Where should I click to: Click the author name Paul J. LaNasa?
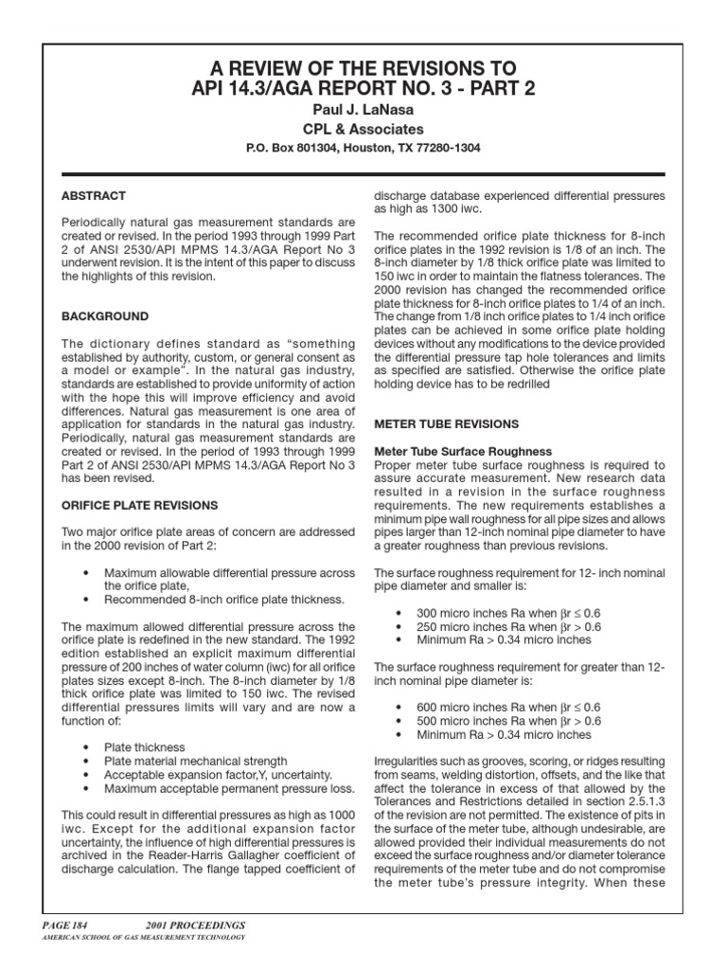363,110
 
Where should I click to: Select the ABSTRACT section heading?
93,196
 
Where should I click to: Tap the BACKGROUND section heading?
104,315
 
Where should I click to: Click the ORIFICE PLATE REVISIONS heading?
139,505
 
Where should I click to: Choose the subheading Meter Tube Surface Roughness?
463,451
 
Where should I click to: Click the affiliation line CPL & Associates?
363,129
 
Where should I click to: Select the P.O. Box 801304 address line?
363,148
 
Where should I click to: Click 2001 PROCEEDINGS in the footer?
194,924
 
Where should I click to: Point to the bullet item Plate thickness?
145,747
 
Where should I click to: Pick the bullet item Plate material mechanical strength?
195,761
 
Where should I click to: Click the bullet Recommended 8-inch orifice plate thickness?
224,600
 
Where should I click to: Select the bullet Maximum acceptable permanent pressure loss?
229,788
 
